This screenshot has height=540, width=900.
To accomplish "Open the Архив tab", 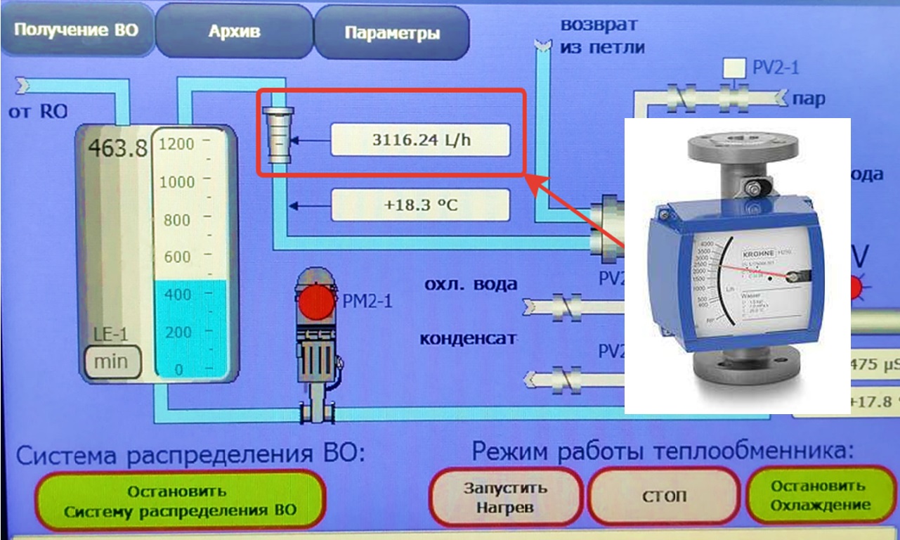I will pos(234,32).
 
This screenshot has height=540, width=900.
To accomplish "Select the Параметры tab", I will pos(392,33).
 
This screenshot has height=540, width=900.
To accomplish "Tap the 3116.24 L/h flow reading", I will pos(420,139).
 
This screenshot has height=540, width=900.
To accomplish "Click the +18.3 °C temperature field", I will pos(420,206).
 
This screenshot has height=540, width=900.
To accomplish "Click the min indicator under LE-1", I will pos(111,361).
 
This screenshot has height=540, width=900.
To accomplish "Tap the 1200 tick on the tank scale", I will pos(176,144).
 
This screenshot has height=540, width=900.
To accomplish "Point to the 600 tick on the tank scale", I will pos(176,257).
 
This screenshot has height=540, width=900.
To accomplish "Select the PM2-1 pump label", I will pos(367,303).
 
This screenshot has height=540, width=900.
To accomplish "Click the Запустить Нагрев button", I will pos(505,496).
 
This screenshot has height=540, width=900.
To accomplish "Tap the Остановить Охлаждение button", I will pos(820,496).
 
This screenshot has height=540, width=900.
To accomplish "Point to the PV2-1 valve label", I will pos(776,68).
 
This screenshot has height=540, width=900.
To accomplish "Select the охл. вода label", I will pos(470,285).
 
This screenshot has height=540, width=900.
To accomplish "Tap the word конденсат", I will pos(467,338).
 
